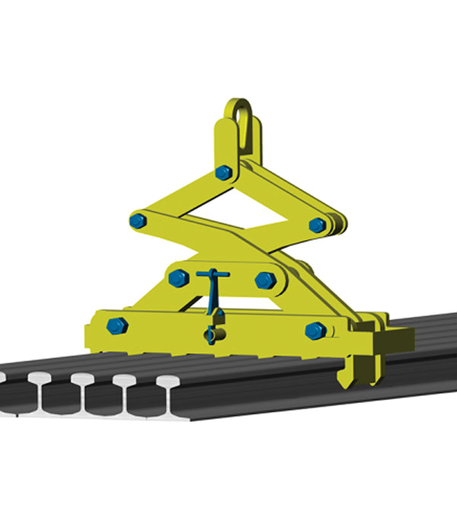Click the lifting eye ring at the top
click(x=241, y=122)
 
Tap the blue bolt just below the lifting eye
click(x=223, y=173)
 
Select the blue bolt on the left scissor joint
click(x=138, y=221)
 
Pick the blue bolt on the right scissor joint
click(x=318, y=225)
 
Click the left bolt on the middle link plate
click(x=178, y=278)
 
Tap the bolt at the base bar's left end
click(x=117, y=326)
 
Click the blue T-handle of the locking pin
click(x=213, y=273)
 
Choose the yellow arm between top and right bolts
click(x=274, y=197)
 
